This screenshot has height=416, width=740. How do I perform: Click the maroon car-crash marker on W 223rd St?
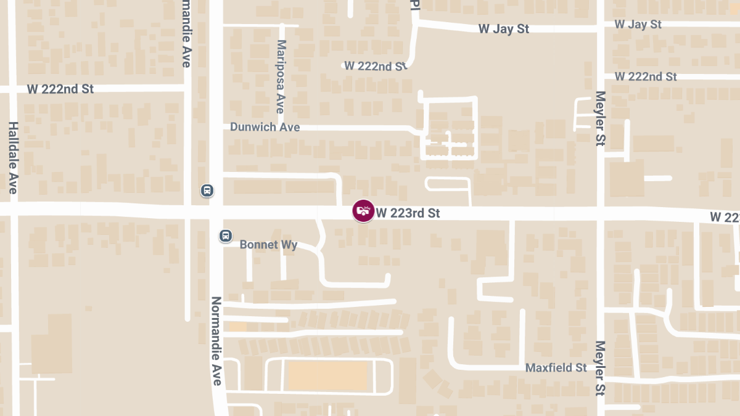pyautogui.click(x=363, y=211)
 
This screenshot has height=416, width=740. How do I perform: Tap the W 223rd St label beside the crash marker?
pyautogui.click(x=408, y=213)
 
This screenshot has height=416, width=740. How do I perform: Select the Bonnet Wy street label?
pyautogui.click(x=268, y=245)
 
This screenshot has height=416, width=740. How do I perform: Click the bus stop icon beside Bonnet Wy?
pyautogui.click(x=226, y=235)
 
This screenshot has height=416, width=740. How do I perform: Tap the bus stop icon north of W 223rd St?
pyautogui.click(x=208, y=190)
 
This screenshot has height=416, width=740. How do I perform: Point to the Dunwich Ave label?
pyautogui.click(x=265, y=127)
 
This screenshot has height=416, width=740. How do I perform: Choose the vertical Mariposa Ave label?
pyautogui.click(x=281, y=76)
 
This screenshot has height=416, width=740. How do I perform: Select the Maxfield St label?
pyautogui.click(x=556, y=367)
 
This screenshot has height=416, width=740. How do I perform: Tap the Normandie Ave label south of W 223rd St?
pyautogui.click(x=216, y=341)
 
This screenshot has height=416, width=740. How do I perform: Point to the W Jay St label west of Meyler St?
pyautogui.click(x=504, y=29)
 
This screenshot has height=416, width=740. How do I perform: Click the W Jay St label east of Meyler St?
pyautogui.click(x=638, y=24)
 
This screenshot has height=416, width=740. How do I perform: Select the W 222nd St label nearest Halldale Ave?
pyautogui.click(x=60, y=89)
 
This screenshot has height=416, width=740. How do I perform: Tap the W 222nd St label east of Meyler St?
pyautogui.click(x=646, y=76)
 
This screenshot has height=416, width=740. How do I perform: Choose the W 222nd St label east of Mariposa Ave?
pyautogui.click(x=376, y=66)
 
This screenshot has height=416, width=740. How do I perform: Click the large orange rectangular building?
pyautogui.click(x=328, y=375)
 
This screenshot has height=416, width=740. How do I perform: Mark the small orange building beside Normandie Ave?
pyautogui.click(x=237, y=327)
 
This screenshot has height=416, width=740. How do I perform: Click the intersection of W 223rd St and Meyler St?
pyautogui.click(x=601, y=213)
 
